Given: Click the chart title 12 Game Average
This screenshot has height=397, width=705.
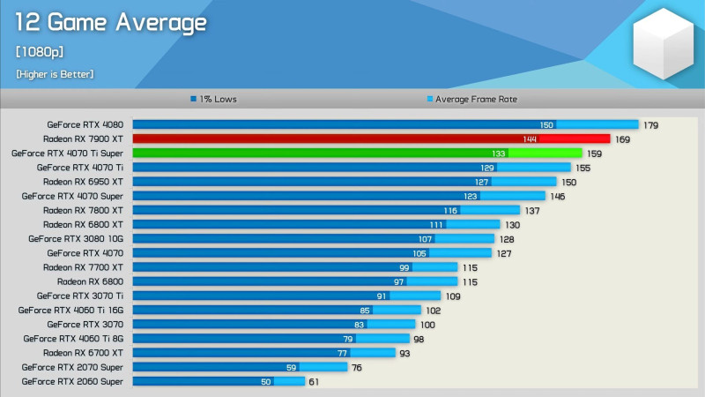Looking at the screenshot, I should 111,22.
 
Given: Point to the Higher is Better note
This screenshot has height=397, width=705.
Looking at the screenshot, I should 55,74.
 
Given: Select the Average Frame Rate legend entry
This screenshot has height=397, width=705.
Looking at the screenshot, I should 471,99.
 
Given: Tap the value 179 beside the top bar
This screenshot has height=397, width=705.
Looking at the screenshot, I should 651,125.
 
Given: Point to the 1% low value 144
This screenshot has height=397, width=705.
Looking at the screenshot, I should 530,139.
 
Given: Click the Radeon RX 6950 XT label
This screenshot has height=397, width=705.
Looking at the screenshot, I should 83,182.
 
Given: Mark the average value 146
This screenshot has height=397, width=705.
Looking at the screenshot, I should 557,196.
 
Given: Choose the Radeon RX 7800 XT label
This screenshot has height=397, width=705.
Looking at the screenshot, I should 83,210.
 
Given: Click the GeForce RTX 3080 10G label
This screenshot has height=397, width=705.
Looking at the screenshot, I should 76,238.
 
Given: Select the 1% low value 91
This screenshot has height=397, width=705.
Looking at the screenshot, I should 382,296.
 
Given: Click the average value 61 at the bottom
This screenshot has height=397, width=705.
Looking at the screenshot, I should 314,381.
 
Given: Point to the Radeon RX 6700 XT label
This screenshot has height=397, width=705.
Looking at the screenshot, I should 83,353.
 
